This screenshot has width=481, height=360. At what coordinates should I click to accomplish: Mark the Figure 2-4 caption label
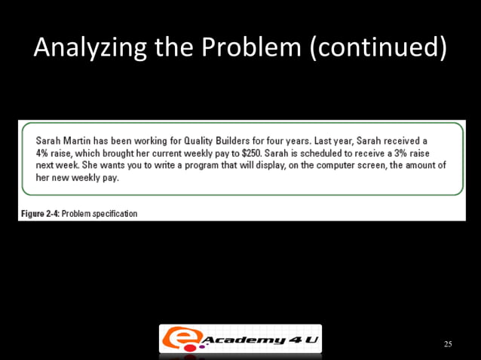40,214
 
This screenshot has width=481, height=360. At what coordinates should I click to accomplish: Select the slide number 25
448,344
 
